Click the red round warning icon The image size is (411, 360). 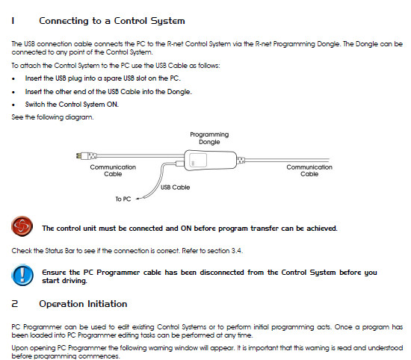point(22,226)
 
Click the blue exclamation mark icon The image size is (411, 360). point(22,275)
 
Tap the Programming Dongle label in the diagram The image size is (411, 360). point(209,138)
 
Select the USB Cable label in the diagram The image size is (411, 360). point(175,187)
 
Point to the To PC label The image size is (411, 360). point(123,199)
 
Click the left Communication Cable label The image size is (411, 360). point(113,170)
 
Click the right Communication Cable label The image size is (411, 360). point(309,170)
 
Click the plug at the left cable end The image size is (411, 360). point(87,156)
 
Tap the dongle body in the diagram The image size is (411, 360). point(211,160)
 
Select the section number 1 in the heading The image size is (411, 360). point(13,21)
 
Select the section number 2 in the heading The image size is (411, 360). point(15,304)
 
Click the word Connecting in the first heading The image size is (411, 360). point(64,21)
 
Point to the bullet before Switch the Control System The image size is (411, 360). point(13,105)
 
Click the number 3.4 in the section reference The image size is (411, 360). point(236,251)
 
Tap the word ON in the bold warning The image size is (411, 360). point(186,229)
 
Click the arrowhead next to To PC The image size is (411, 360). point(137,199)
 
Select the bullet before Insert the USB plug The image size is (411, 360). point(13,78)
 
